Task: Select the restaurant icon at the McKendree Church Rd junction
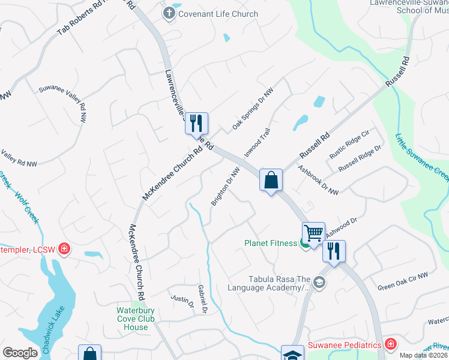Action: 196,123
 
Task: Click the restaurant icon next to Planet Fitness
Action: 334,250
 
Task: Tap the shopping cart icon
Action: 313,232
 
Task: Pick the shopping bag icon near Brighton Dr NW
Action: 271,179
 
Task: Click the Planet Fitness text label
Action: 270,243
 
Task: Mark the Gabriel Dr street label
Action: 202,298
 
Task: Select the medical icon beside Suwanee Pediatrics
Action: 391,344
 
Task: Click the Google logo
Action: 21,353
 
